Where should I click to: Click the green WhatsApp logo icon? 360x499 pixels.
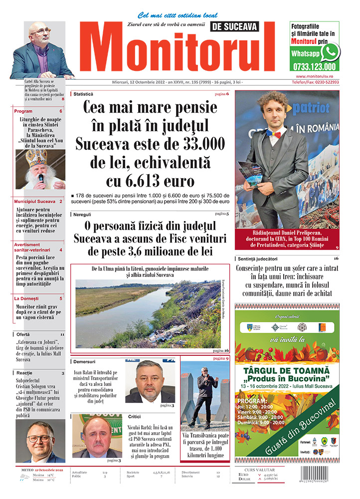pos(330,52)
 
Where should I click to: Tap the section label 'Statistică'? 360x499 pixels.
pos(83,94)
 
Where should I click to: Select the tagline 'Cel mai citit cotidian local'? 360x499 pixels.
pos(178,15)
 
